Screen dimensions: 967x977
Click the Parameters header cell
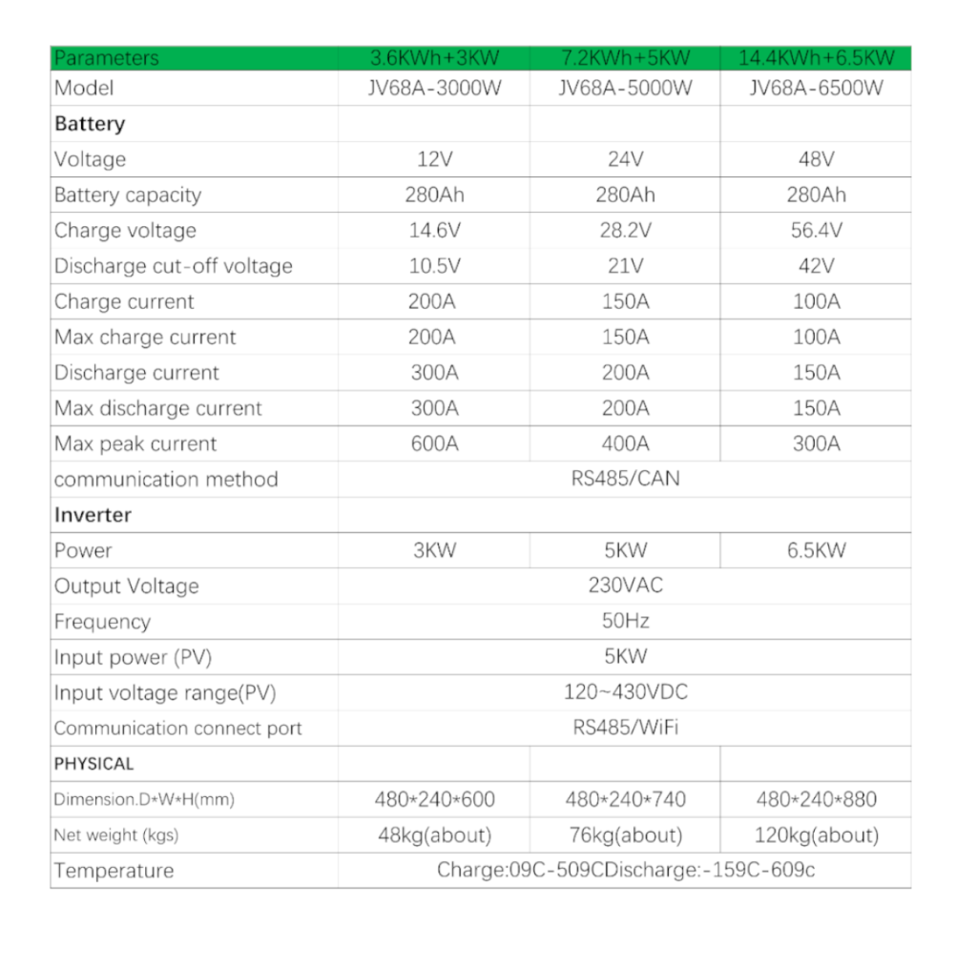[x=107, y=58]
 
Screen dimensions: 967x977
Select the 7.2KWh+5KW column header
[x=625, y=58]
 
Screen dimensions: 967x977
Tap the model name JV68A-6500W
[x=816, y=89]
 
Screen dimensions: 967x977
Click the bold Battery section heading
[x=90, y=124]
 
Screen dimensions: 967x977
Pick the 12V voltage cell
[x=434, y=159]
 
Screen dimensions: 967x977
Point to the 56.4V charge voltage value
[x=816, y=231]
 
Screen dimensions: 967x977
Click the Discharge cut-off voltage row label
[x=173, y=266]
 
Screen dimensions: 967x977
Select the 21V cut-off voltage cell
[x=625, y=266]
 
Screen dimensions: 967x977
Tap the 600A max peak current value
[x=434, y=443]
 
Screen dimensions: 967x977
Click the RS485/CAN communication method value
[x=625, y=479]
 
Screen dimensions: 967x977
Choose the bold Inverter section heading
[x=93, y=515]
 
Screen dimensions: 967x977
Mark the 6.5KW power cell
[x=816, y=550]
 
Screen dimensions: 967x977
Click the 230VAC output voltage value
[x=625, y=586]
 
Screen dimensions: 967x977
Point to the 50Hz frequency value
[x=625, y=621]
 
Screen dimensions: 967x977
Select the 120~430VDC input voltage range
[x=625, y=692]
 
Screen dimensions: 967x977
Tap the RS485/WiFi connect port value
[x=625, y=728]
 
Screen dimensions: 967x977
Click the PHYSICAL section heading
[x=94, y=764]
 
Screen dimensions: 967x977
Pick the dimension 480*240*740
[x=625, y=799]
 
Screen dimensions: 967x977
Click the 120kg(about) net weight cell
[x=816, y=835]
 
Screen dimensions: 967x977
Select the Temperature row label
[x=114, y=871]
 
